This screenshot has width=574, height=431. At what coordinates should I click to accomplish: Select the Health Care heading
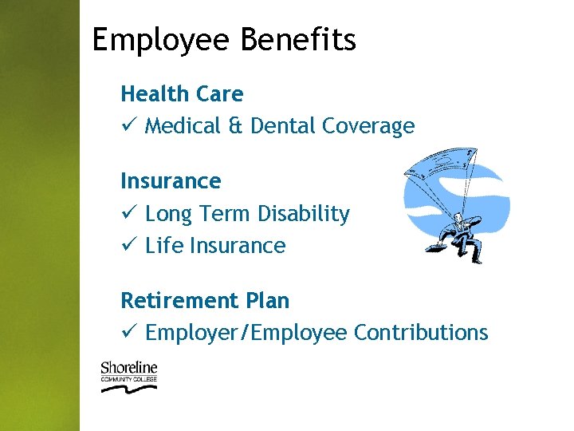coord(182,94)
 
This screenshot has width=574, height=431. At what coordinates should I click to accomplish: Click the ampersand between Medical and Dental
coord(236,126)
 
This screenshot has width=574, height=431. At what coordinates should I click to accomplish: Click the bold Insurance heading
coord(171,181)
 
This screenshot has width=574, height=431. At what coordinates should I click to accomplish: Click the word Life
coord(164,246)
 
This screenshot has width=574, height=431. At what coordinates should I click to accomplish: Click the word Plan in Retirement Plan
coord(268,301)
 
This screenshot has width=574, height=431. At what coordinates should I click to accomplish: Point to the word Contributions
coord(420,333)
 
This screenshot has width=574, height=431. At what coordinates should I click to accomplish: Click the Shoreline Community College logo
coord(128,376)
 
